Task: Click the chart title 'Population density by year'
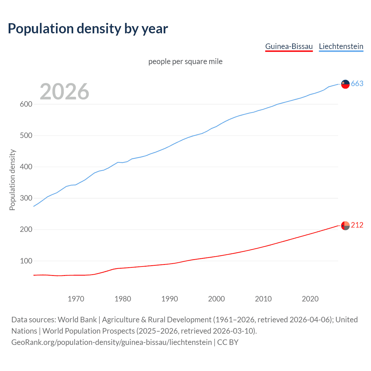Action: click(x=88, y=29)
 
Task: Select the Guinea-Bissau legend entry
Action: click(x=289, y=46)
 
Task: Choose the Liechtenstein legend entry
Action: click(x=341, y=46)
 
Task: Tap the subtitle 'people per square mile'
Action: click(x=185, y=61)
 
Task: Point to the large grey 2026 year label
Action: click(x=64, y=92)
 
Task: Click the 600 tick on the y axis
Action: click(x=26, y=104)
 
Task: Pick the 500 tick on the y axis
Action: click(x=26, y=136)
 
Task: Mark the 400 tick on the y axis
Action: click(x=26, y=167)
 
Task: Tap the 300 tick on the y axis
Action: click(x=26, y=198)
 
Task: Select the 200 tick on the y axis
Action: click(x=26, y=230)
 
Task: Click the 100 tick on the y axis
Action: click(x=26, y=261)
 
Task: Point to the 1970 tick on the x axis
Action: click(x=76, y=299)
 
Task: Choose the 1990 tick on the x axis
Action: click(x=170, y=299)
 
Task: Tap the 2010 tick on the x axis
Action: click(x=263, y=299)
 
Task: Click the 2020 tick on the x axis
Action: click(x=310, y=299)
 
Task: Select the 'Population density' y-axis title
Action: click(x=12, y=180)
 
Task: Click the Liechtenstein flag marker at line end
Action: click(x=345, y=84)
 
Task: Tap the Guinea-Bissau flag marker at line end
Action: click(x=345, y=225)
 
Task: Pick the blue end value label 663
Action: click(x=357, y=84)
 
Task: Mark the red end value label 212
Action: click(x=357, y=225)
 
